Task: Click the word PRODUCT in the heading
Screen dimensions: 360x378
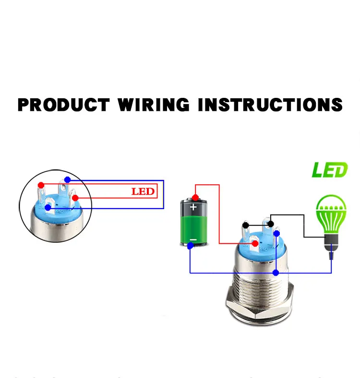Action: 64,105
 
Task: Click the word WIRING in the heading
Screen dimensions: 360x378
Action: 154,105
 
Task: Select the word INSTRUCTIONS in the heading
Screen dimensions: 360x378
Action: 270,105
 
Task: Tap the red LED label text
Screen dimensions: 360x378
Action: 143,191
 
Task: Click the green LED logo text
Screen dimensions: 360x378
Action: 330,170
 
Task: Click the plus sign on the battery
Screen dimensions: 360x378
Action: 193,207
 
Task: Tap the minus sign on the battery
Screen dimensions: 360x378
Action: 193,240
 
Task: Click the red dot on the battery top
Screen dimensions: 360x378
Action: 195,198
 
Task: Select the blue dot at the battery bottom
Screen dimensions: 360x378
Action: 191,246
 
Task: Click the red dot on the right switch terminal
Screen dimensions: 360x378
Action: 255,244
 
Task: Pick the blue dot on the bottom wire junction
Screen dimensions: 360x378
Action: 276,273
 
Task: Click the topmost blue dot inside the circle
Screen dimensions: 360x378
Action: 68,179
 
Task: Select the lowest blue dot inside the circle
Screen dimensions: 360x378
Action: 48,207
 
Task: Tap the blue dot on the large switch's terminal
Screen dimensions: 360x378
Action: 277,233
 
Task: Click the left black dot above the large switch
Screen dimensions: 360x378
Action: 246,225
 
